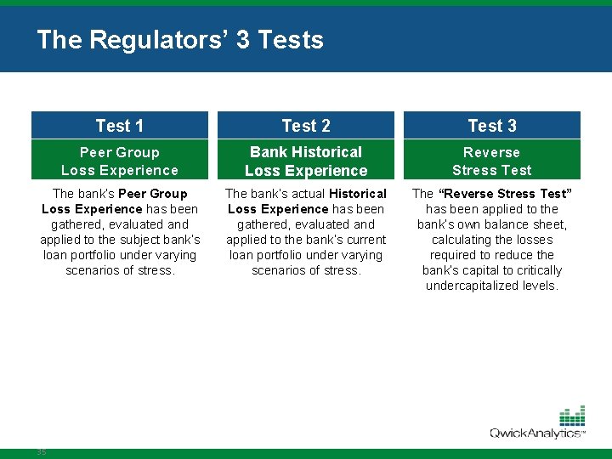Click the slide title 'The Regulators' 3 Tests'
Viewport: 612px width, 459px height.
click(x=180, y=40)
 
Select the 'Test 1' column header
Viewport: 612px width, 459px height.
click(x=120, y=126)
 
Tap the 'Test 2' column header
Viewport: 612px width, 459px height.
click(x=306, y=126)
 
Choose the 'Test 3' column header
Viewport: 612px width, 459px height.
click(x=492, y=126)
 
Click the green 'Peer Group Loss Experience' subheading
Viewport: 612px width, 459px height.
click(x=120, y=161)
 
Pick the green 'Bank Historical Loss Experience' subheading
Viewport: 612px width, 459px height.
click(x=306, y=161)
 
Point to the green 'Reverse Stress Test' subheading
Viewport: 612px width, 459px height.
click(x=492, y=161)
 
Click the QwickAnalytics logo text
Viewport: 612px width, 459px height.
click(x=536, y=433)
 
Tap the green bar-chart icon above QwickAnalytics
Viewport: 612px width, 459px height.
click(x=572, y=416)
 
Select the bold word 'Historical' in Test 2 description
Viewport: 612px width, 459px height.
click(x=358, y=194)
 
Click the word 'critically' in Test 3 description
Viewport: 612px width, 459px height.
click(x=535, y=270)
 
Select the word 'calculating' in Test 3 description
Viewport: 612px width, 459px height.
click(x=462, y=240)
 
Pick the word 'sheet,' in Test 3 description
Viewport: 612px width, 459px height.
click(x=549, y=224)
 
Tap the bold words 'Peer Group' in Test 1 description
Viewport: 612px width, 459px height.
click(x=153, y=194)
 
